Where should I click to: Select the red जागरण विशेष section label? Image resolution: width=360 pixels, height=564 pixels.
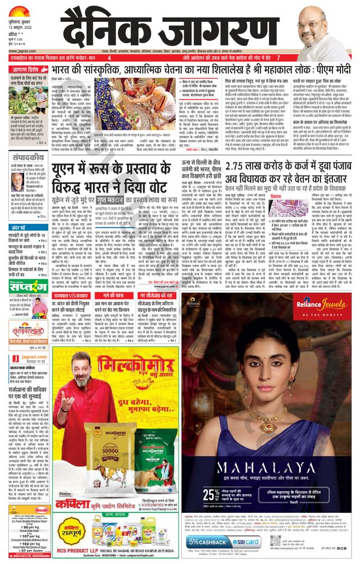27,70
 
